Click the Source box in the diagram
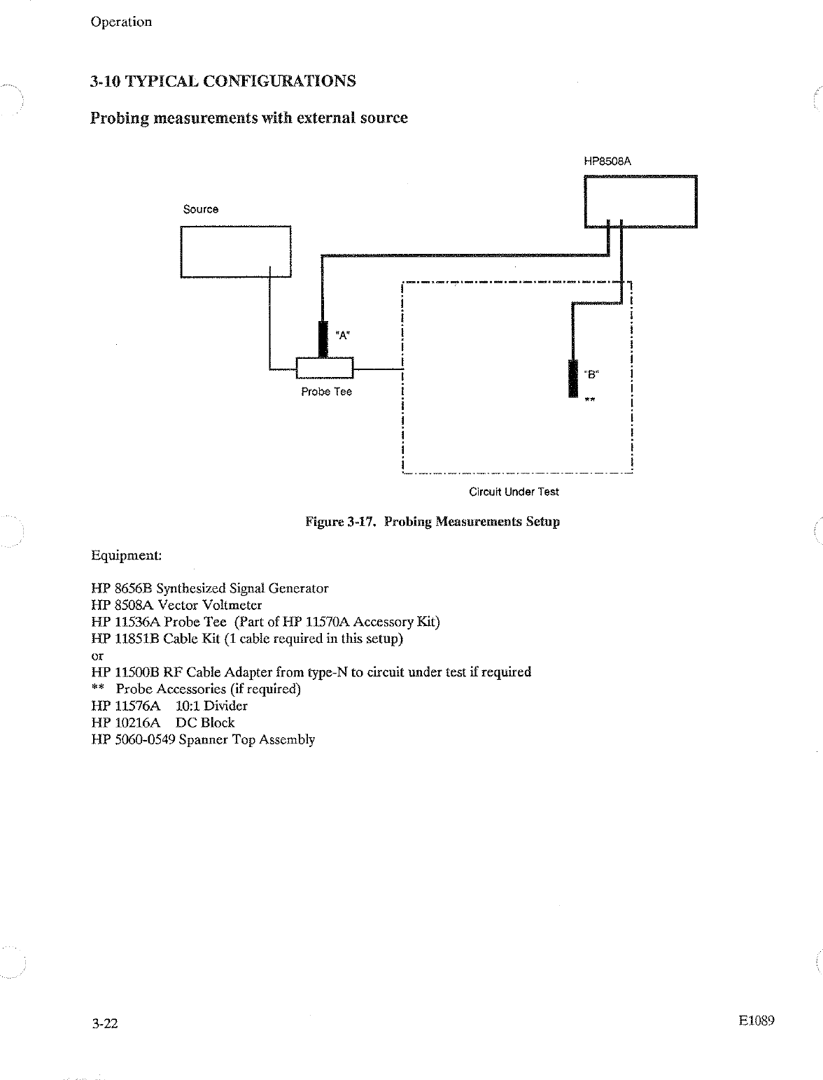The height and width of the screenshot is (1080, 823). pyautogui.click(x=236, y=252)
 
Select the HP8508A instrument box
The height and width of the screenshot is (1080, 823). pyautogui.click(x=640, y=202)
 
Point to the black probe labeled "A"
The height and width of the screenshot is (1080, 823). pyautogui.click(x=323, y=339)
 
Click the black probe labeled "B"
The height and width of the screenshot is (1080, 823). pyautogui.click(x=573, y=378)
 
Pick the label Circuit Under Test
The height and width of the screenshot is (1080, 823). pyautogui.click(x=514, y=492)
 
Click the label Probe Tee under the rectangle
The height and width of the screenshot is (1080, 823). pyautogui.click(x=326, y=392)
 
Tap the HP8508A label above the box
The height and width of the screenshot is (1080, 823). pyautogui.click(x=607, y=161)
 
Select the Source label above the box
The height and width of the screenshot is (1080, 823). pyautogui.click(x=201, y=209)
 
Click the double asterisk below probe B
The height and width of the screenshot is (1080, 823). pyautogui.click(x=590, y=400)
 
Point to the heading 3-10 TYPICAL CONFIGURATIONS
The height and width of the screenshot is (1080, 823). pyautogui.click(x=223, y=81)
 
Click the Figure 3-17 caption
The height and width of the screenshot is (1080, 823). pyautogui.click(x=432, y=522)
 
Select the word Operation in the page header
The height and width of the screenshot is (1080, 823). pyautogui.click(x=121, y=22)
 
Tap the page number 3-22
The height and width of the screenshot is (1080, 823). pyautogui.click(x=104, y=1024)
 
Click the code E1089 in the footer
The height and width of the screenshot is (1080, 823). pyautogui.click(x=756, y=1021)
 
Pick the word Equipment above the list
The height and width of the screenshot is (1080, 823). pyautogui.click(x=127, y=555)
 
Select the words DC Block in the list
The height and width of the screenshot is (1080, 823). pyautogui.click(x=205, y=723)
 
